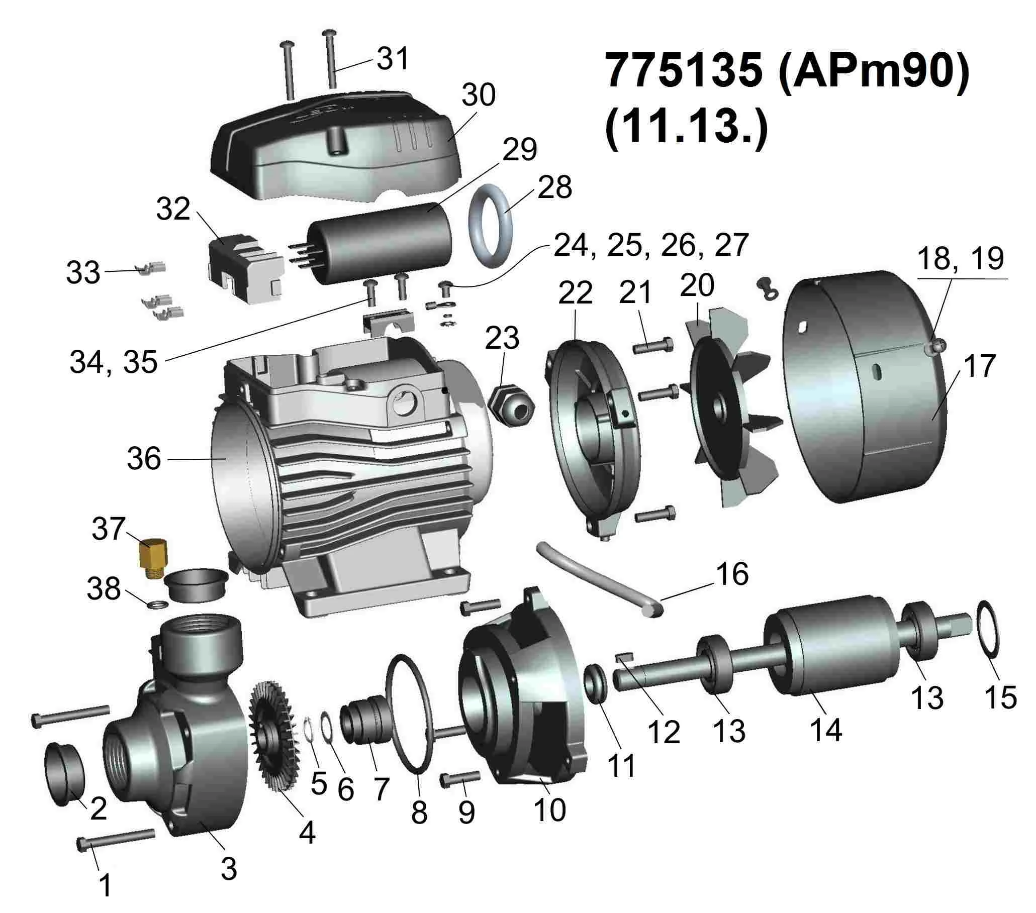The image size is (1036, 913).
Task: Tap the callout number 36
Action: [x=144, y=459]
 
